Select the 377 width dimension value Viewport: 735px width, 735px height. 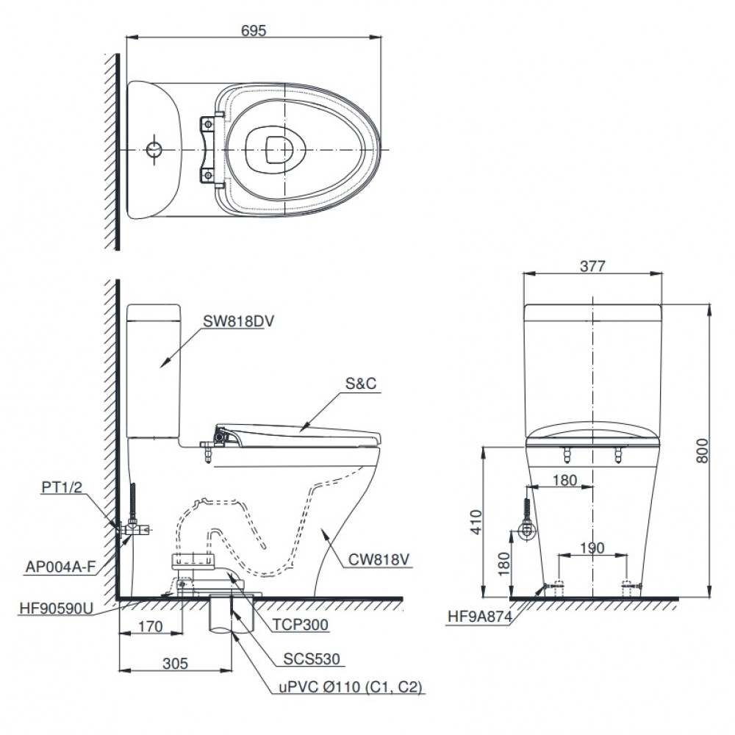(592, 266)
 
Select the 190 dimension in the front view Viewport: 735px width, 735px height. (592, 548)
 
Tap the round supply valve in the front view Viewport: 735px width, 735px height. (526, 531)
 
